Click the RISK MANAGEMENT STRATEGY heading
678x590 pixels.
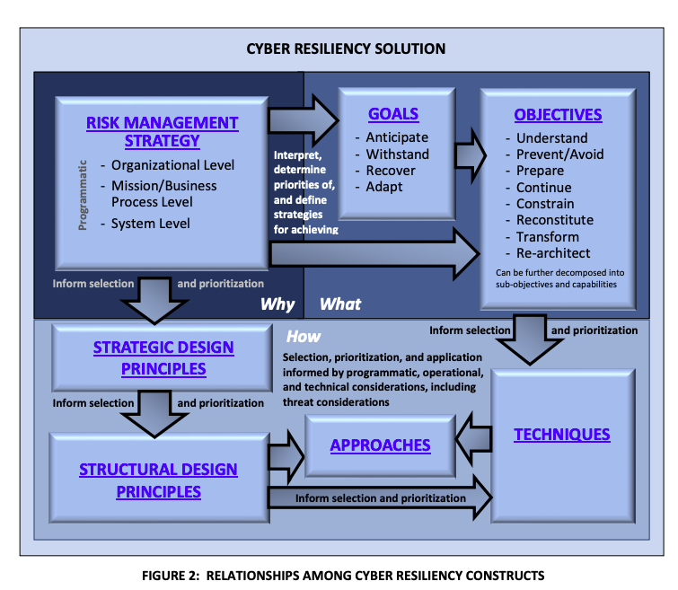pos(162,131)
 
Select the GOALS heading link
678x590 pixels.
pos(393,114)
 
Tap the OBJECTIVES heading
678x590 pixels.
pos(558,115)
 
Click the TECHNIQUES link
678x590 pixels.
pos(562,435)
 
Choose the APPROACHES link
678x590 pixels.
pos(380,445)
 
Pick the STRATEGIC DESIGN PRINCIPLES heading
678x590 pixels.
pos(163,357)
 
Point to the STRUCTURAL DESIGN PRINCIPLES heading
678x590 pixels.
pos(158,480)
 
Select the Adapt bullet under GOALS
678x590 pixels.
pos(384,187)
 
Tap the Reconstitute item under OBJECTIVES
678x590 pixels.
pos(554,220)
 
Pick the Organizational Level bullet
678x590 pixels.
pos(172,165)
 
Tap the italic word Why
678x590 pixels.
pos(277,304)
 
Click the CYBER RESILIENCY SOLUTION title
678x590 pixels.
pos(346,48)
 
